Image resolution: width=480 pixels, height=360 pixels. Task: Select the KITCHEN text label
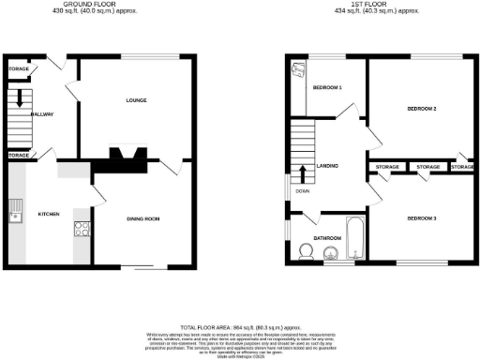click(48, 214)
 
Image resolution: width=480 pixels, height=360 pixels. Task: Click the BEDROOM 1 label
click(326, 87)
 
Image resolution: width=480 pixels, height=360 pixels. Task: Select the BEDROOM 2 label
click(423, 109)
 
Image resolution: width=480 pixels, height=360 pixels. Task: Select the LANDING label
click(328, 166)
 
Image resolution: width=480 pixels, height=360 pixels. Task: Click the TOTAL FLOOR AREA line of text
click(240, 321)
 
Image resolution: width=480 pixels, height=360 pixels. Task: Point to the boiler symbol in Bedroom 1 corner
click(298, 70)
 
